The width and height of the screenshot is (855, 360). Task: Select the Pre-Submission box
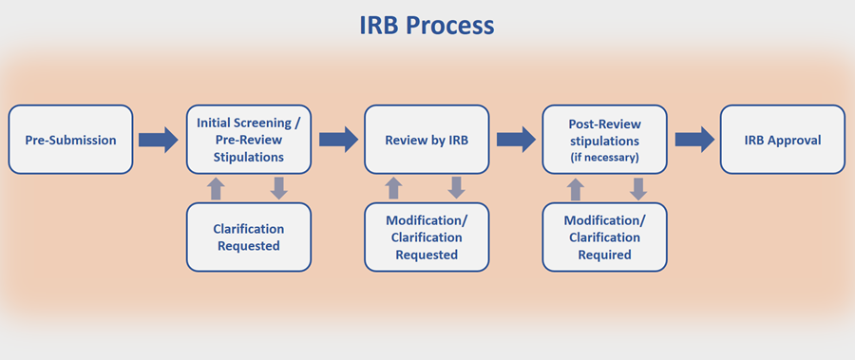[x=71, y=140]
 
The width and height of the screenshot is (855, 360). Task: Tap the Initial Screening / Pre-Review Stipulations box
[x=249, y=140]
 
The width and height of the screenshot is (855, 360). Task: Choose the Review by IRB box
[x=427, y=140]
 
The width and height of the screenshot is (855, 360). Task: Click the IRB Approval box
[x=782, y=140]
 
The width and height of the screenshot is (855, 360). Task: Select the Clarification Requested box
[x=249, y=237]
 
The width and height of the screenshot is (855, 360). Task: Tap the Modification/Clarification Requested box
[x=427, y=237]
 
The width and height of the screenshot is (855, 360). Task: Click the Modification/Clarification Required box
[x=604, y=237]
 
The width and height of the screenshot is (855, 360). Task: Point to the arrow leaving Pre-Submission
[x=158, y=140]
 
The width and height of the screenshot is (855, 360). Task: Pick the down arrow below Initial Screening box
[x=278, y=188]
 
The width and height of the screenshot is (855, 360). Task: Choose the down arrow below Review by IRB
[x=456, y=188]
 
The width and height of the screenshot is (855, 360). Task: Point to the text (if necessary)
[x=604, y=156]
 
